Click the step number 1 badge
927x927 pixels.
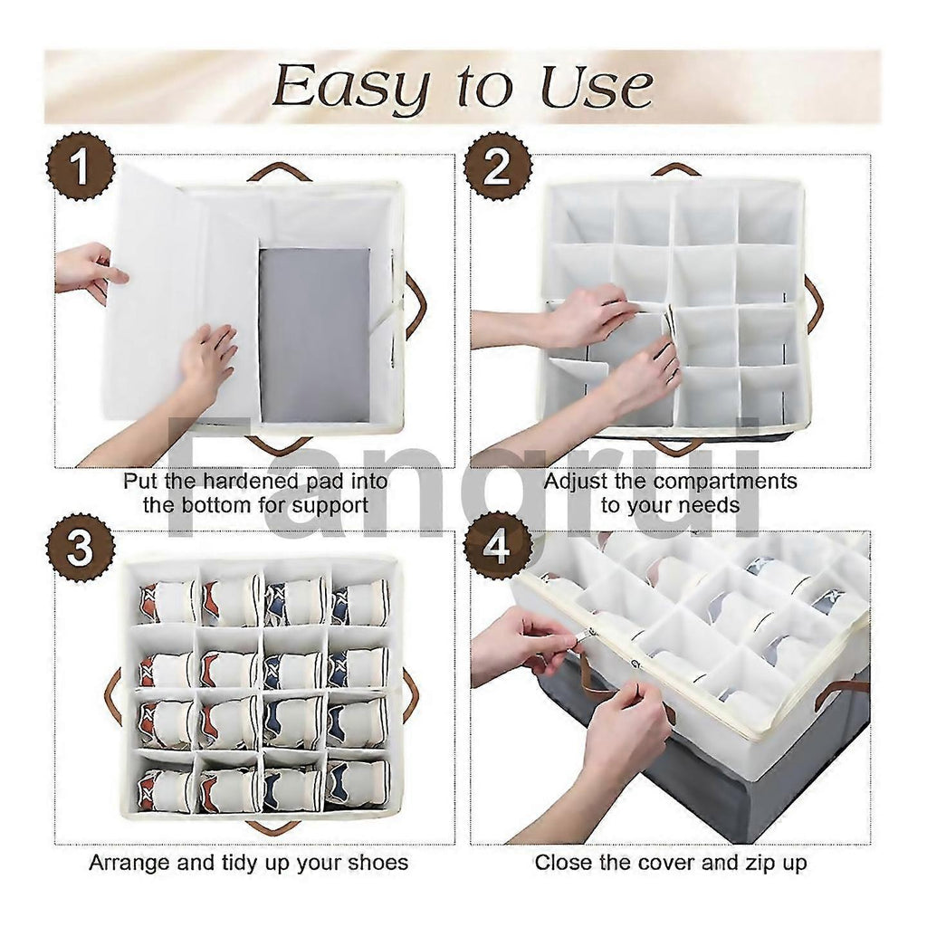pyautogui.click(x=80, y=167)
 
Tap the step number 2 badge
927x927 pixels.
pyautogui.click(x=497, y=167)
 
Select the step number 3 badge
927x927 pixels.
pyautogui.click(x=80, y=548)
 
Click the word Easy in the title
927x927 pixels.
pyautogui.click(x=350, y=87)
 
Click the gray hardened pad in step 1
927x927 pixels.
pyautogui.click(x=314, y=335)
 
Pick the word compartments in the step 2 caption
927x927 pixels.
pyautogui.click(x=725, y=483)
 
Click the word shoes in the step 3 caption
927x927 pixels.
pyautogui.click(x=378, y=863)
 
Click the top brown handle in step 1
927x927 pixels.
pyautogui.click(x=279, y=172)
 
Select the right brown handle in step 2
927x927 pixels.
pyautogui.click(x=814, y=299)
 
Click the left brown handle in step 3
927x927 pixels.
pyautogui.click(x=113, y=694)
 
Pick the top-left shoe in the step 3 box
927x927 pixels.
pyautogui.click(x=167, y=602)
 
